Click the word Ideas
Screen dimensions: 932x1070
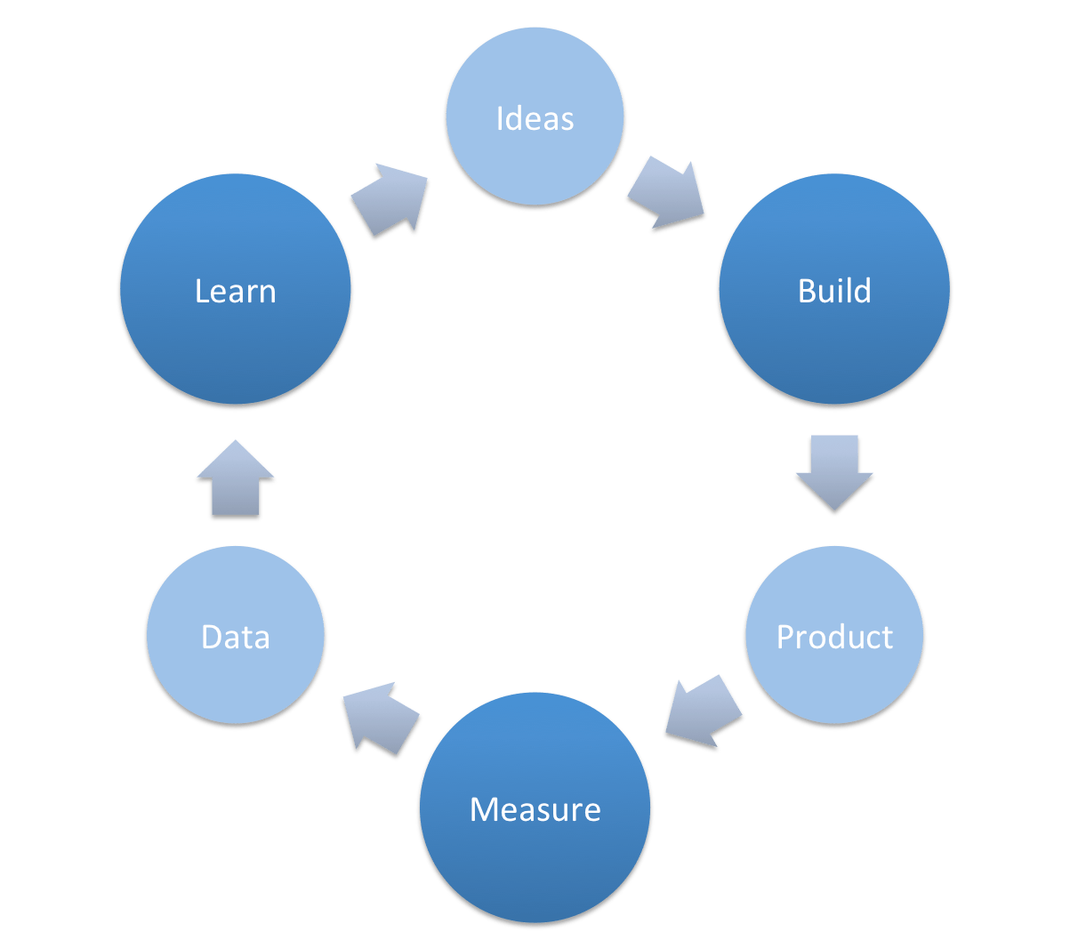[x=535, y=119]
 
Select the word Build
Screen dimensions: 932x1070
[x=834, y=292]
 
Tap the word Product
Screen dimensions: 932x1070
[x=834, y=637]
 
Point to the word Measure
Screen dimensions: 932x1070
[x=535, y=809]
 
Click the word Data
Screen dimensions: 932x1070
[x=236, y=637]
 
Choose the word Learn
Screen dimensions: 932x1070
[x=236, y=292]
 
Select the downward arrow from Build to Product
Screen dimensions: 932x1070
[x=834, y=471]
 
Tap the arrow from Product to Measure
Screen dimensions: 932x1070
[x=703, y=712]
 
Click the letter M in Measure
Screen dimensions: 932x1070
[x=481, y=809]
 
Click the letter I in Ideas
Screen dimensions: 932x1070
[x=500, y=119]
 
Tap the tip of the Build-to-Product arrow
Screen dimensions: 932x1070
[x=834, y=511]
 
